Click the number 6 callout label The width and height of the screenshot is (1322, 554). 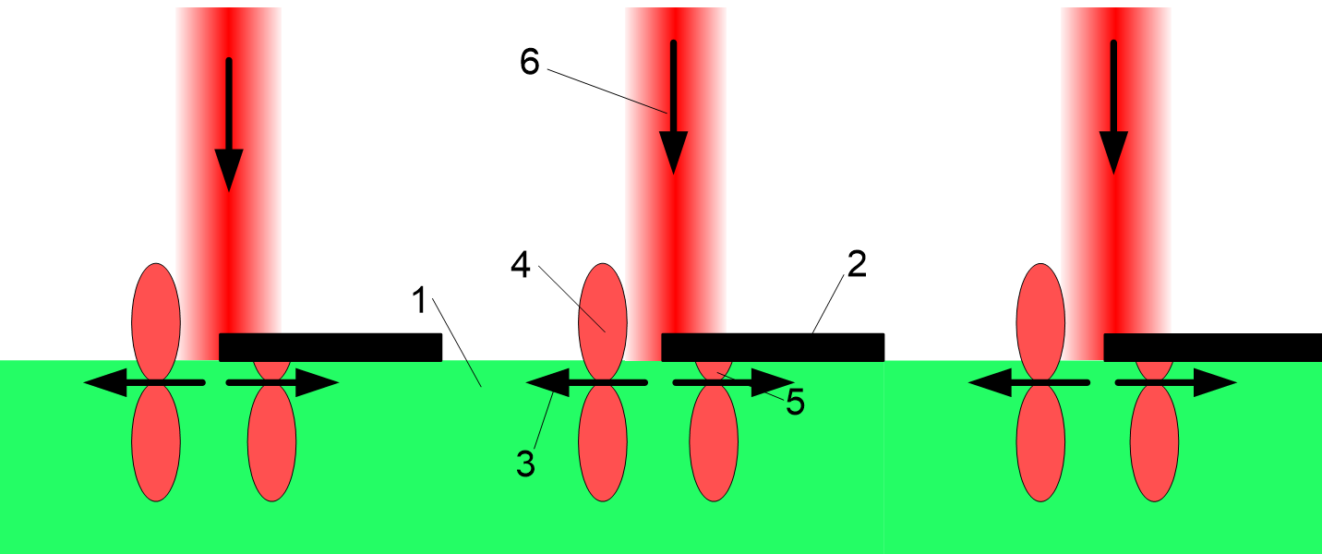[x=529, y=62]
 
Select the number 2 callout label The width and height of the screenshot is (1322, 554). [x=856, y=265]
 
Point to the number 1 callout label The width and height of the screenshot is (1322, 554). [x=418, y=300]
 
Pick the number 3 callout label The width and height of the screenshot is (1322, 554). [x=525, y=463]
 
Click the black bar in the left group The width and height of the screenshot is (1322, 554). [x=330, y=347]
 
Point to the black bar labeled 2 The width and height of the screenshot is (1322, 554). [x=773, y=347]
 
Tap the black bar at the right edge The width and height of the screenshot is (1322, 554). [x=1212, y=347]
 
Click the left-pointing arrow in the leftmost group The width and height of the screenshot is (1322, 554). [x=143, y=381]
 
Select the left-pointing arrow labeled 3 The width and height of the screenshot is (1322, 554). [x=585, y=381]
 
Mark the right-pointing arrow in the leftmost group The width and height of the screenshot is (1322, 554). [x=282, y=381]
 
